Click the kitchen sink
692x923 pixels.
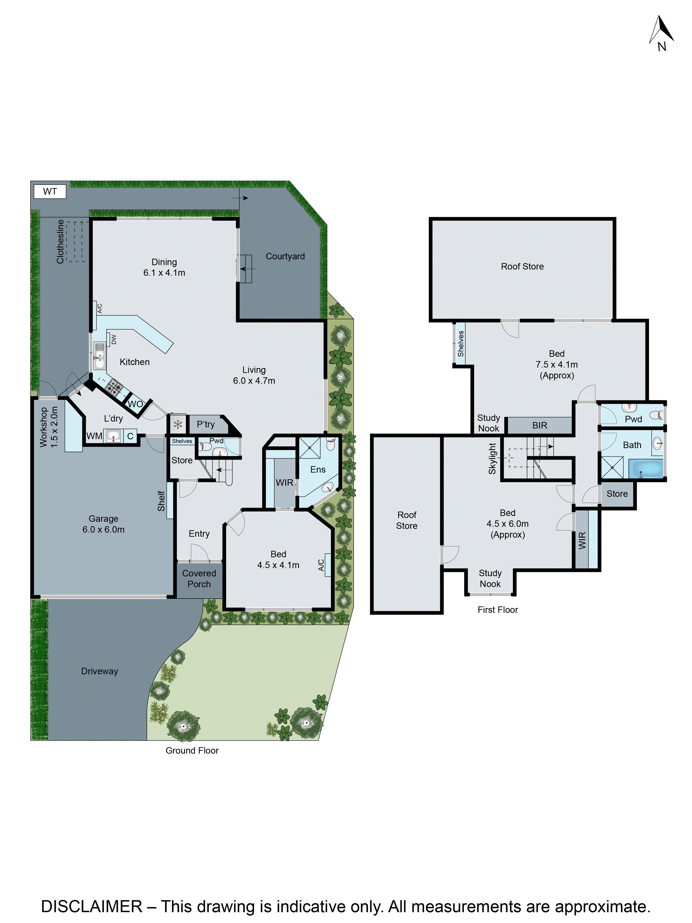coord(99,356)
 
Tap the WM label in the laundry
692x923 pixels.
coord(94,436)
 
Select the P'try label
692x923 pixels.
coord(206,424)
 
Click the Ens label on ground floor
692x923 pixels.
coord(318,469)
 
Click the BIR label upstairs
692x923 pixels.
coord(539,425)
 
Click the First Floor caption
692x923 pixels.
coord(497,610)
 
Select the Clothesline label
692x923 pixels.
coord(60,242)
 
